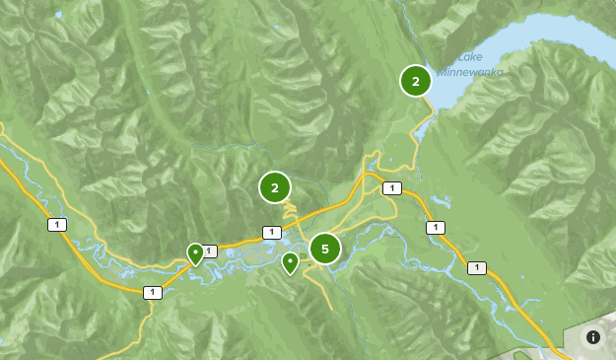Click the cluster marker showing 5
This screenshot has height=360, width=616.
point(325,249)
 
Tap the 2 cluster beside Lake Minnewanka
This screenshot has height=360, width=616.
point(416,81)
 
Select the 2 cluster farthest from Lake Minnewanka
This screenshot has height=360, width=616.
point(275,186)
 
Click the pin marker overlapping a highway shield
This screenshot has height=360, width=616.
point(195,253)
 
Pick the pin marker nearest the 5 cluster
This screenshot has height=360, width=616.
point(290,262)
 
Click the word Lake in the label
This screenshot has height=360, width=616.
point(470,57)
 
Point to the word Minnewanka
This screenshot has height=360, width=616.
point(470,72)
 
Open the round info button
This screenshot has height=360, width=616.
point(593,337)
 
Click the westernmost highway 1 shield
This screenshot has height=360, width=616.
point(57,225)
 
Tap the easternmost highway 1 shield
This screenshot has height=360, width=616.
point(477,267)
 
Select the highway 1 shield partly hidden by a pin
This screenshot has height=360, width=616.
point(209,252)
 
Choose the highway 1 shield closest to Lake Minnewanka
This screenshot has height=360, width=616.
point(392,188)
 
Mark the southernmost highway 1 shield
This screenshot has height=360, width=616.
point(152,292)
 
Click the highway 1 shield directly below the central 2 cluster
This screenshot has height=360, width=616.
point(271,233)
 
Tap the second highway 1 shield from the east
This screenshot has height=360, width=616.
point(435,228)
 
